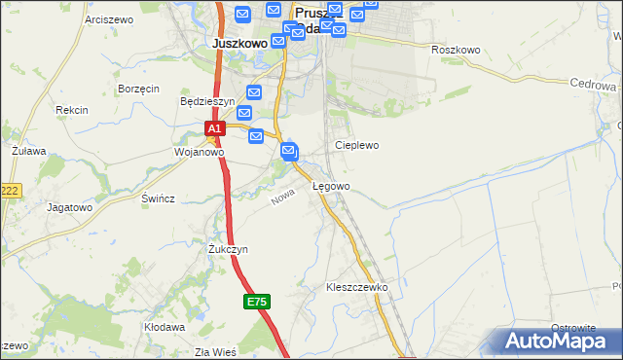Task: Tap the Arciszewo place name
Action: pos(108,19)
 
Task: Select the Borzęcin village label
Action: pos(138,89)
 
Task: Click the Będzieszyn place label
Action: pos(207,101)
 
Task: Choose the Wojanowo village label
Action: pos(199,152)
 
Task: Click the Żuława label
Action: pos(29,153)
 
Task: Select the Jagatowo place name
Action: pos(69,207)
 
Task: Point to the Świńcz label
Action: pos(158,198)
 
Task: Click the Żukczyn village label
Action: pos(228,249)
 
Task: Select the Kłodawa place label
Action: pos(165,327)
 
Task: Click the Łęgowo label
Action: pos(331,186)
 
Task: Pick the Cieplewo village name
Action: pos(356,145)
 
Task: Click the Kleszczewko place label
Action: pos(357,288)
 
